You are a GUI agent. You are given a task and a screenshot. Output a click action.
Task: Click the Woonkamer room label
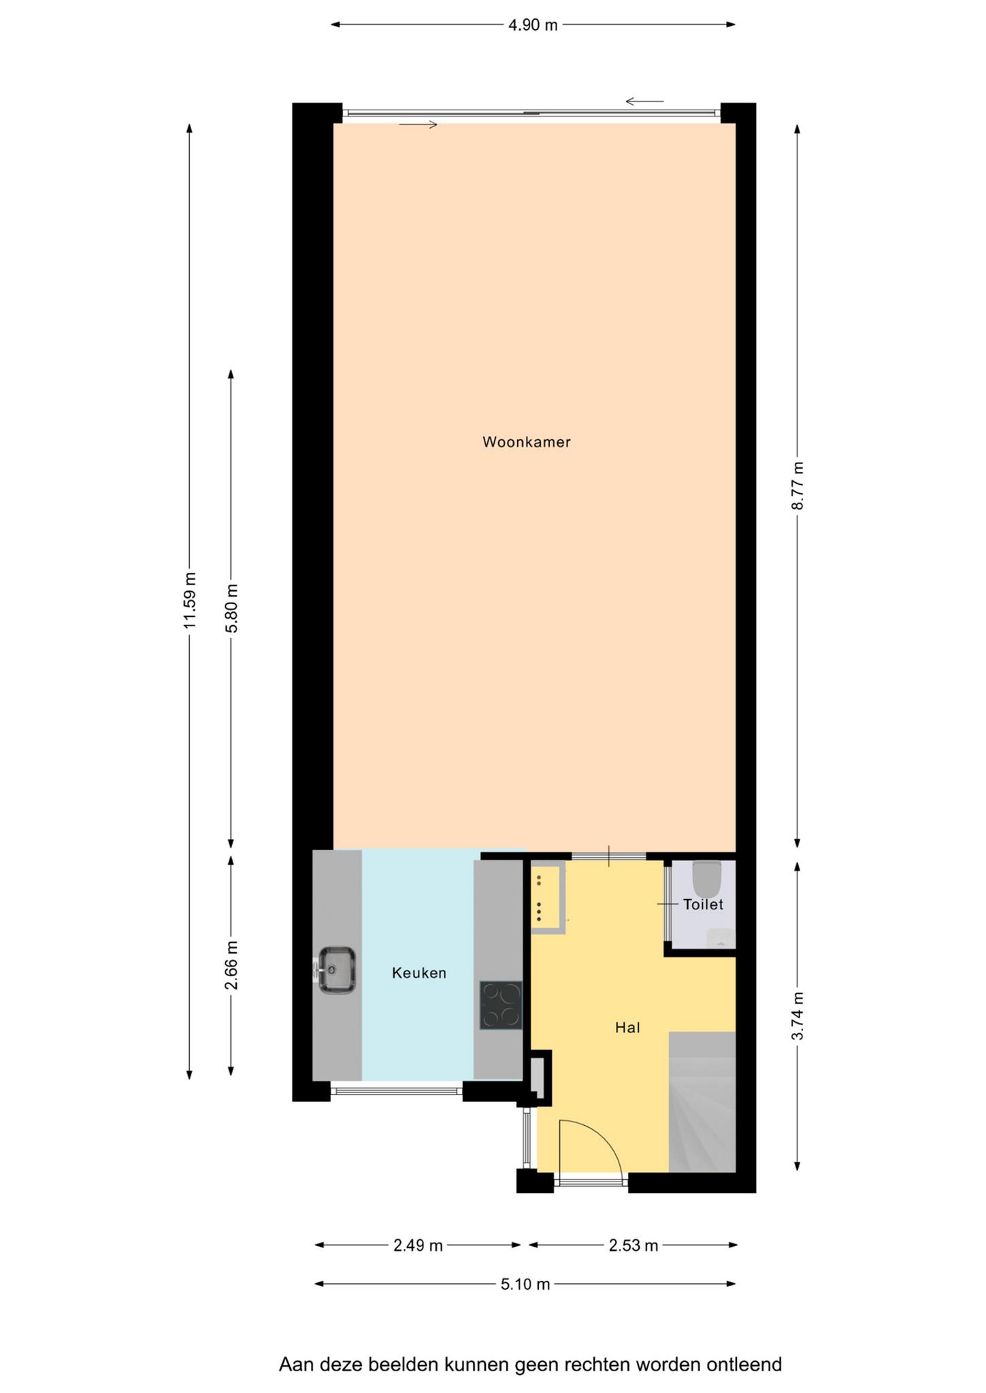[x=526, y=442]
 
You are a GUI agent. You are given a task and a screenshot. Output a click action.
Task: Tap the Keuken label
[x=419, y=973]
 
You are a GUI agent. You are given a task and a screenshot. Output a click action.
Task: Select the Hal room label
[x=627, y=1028]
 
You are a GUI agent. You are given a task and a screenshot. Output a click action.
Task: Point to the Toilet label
[x=703, y=905]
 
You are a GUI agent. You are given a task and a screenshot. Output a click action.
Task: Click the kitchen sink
[x=335, y=970]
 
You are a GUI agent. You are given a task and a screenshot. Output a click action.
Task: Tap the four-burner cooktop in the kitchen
[x=501, y=1005]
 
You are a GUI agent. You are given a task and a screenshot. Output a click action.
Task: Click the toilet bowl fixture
[x=707, y=879]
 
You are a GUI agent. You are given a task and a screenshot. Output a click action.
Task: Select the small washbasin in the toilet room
[x=721, y=938]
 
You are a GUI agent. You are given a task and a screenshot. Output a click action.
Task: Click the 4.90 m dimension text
[x=533, y=25]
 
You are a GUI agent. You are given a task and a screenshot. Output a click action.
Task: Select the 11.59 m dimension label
[x=190, y=600]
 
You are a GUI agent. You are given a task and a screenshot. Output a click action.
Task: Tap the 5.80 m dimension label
[x=231, y=608]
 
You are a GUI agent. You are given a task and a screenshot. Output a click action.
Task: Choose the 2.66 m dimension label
[x=231, y=967]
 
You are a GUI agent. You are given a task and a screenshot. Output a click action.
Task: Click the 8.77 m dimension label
[x=798, y=486]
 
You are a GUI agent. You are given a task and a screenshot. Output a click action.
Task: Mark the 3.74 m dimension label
[x=798, y=1016]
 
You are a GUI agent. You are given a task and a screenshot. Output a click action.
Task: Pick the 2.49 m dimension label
[x=418, y=1245]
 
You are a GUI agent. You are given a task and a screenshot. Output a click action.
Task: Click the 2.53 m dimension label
[x=634, y=1245]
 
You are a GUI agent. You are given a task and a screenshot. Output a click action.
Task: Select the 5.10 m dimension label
[x=525, y=1284]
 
